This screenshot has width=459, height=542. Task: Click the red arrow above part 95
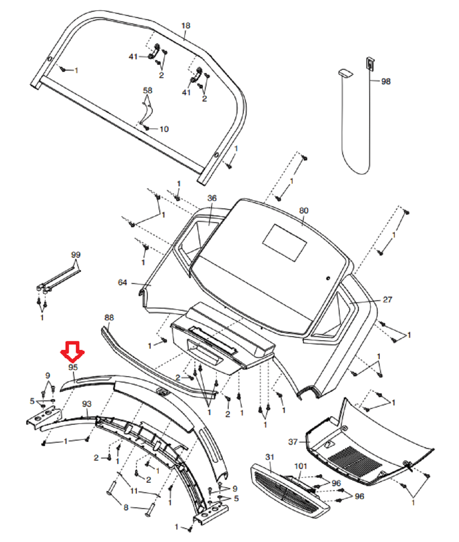click(73, 351)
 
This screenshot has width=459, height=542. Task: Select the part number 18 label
click(186, 26)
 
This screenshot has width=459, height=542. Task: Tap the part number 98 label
click(386, 81)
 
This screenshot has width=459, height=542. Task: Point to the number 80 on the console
click(304, 210)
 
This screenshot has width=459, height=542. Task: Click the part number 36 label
click(212, 198)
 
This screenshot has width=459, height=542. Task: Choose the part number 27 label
click(388, 299)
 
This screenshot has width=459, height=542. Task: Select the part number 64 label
click(122, 283)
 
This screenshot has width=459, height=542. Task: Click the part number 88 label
click(109, 317)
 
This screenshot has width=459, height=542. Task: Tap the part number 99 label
click(76, 255)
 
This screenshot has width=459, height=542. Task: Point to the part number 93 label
click(86, 404)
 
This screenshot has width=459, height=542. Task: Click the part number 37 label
click(293, 441)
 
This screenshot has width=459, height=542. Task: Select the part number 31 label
click(270, 457)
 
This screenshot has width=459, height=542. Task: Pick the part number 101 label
click(300, 466)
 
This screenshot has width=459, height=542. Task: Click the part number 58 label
click(148, 90)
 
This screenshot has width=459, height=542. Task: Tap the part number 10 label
click(164, 129)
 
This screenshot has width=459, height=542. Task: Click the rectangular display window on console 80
click(285, 243)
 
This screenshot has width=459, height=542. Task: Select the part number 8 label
click(126, 507)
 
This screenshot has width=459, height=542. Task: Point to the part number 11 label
click(134, 491)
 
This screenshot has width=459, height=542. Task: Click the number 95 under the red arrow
click(73, 367)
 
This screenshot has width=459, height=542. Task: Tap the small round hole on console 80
click(328, 278)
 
